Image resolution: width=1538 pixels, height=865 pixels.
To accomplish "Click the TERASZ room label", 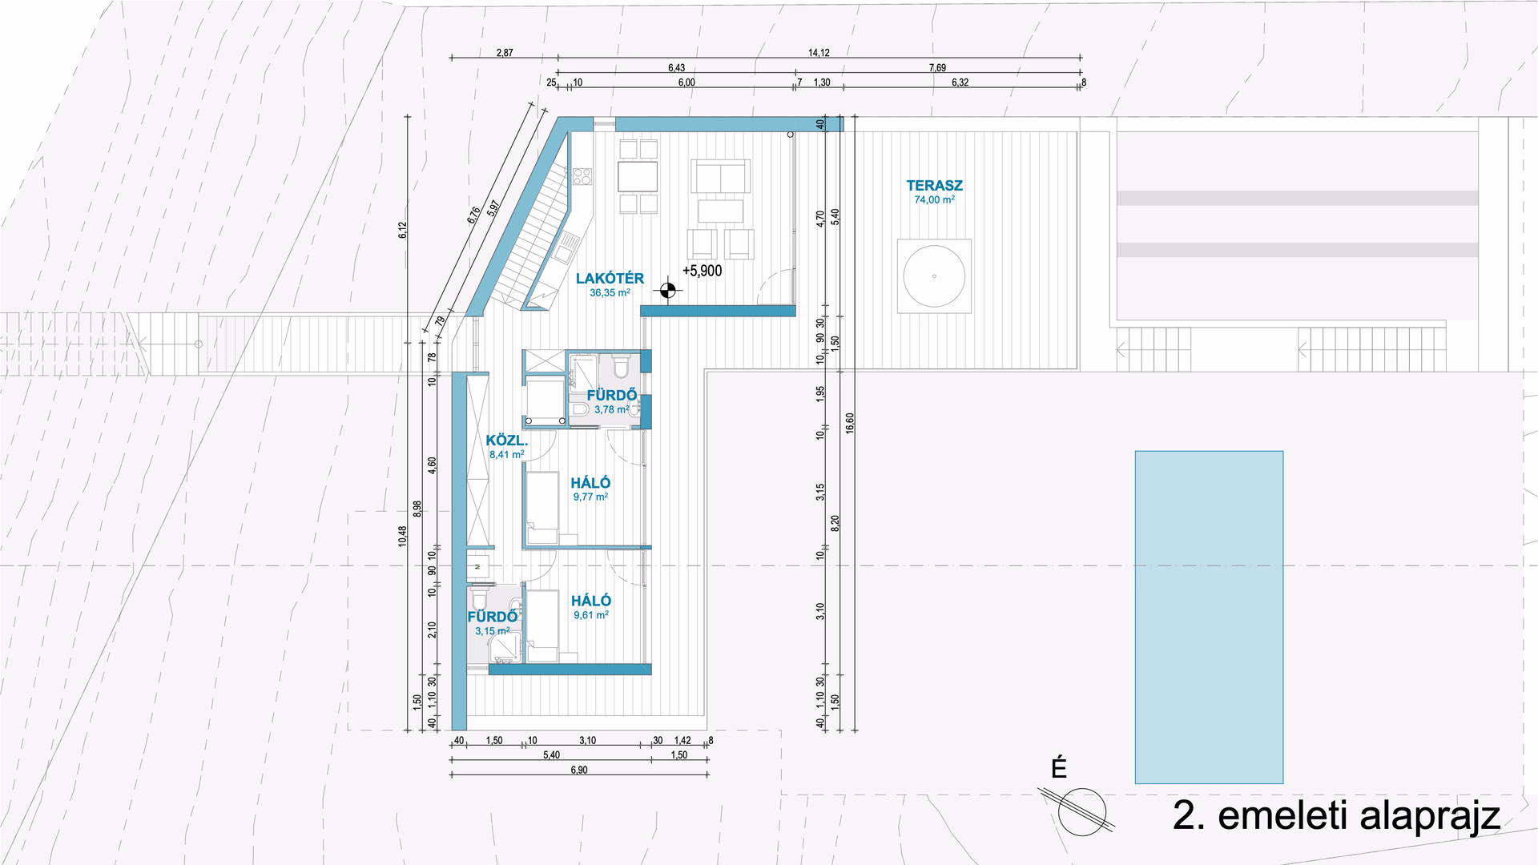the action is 934,185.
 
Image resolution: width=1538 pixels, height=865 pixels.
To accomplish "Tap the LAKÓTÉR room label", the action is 610,278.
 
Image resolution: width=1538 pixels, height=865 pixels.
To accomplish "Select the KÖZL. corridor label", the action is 506,441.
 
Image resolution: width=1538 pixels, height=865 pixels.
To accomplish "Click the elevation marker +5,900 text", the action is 702,271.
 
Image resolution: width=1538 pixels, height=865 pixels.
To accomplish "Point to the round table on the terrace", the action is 934,276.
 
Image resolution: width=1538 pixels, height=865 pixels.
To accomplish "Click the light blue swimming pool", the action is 1209,617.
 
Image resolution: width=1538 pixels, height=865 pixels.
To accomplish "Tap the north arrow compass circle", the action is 1081,811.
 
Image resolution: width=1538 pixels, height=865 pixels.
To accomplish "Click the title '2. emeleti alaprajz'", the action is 1336,815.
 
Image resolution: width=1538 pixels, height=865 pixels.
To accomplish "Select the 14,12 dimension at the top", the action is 819,53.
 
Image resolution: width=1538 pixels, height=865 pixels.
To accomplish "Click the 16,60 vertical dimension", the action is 850,423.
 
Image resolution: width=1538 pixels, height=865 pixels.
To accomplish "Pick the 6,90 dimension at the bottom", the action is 579,770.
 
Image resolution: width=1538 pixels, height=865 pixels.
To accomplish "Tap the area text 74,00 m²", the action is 934,200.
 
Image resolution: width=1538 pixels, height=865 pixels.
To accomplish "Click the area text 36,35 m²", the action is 610,293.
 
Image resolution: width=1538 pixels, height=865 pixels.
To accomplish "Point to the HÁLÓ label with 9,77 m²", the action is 590,483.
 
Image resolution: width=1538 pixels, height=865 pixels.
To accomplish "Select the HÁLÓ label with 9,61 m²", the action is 591,601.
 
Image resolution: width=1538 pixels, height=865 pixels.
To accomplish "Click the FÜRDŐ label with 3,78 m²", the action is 612,395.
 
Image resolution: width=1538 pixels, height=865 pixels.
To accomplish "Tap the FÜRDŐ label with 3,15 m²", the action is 493,617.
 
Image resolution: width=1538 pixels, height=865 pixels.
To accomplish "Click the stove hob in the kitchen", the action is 582,176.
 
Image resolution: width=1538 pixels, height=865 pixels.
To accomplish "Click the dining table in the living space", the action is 638,176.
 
